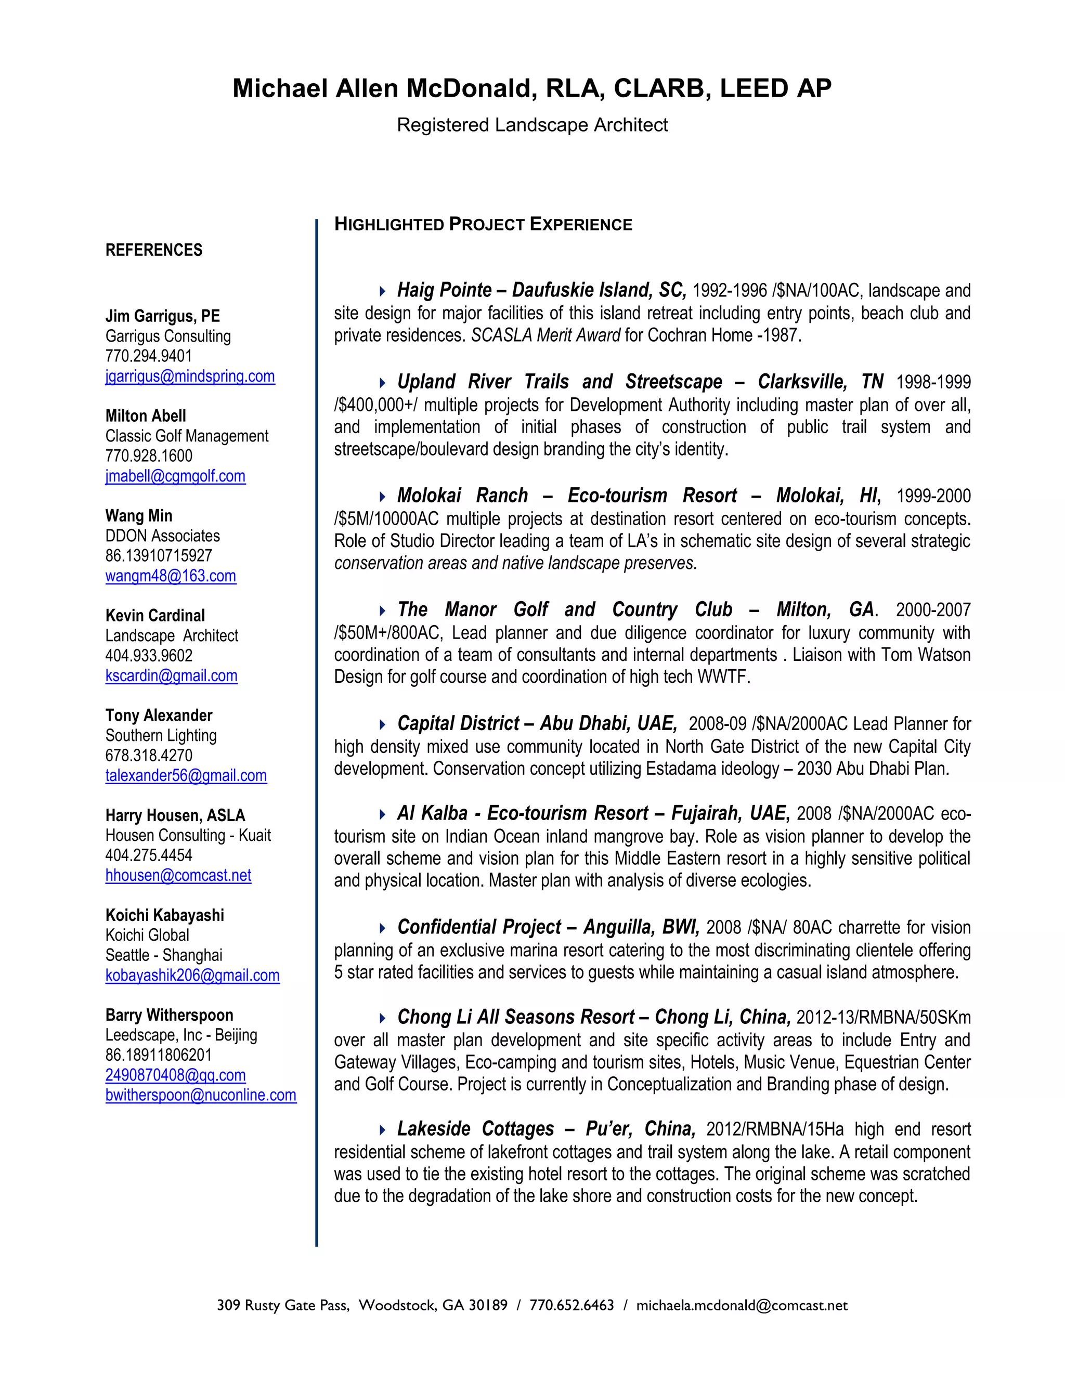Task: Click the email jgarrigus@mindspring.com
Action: pos(190,376)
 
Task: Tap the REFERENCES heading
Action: pos(154,251)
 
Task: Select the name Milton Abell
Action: pos(146,417)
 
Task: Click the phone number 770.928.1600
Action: pos(149,456)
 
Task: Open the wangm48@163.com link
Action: pos(171,576)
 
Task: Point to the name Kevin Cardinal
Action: pos(155,616)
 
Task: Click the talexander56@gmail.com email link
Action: pos(186,776)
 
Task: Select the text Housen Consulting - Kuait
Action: pos(188,836)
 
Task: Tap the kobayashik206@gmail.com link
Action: pos(192,976)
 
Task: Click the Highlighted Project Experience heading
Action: pos(483,225)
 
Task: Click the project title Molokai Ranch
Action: pos(462,496)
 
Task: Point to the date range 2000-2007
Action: pos(932,610)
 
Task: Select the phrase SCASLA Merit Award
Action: pos(546,336)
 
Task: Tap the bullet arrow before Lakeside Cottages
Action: pos(382,1129)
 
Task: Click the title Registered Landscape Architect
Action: pos(532,125)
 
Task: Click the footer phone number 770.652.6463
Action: pos(572,1305)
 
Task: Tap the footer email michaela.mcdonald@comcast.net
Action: pos(742,1305)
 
